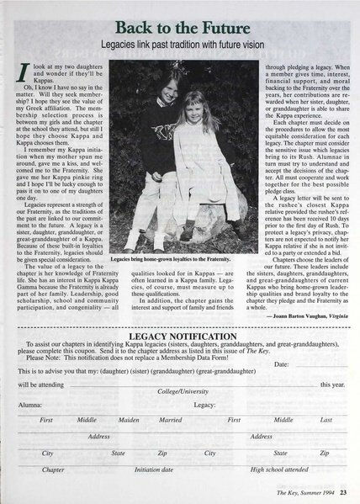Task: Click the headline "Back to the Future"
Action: pos(181,24)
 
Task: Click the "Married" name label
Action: pos(171,418)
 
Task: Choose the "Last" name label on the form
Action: pos(326,418)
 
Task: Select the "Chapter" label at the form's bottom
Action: pos(53,470)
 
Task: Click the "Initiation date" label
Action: pos(154,470)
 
